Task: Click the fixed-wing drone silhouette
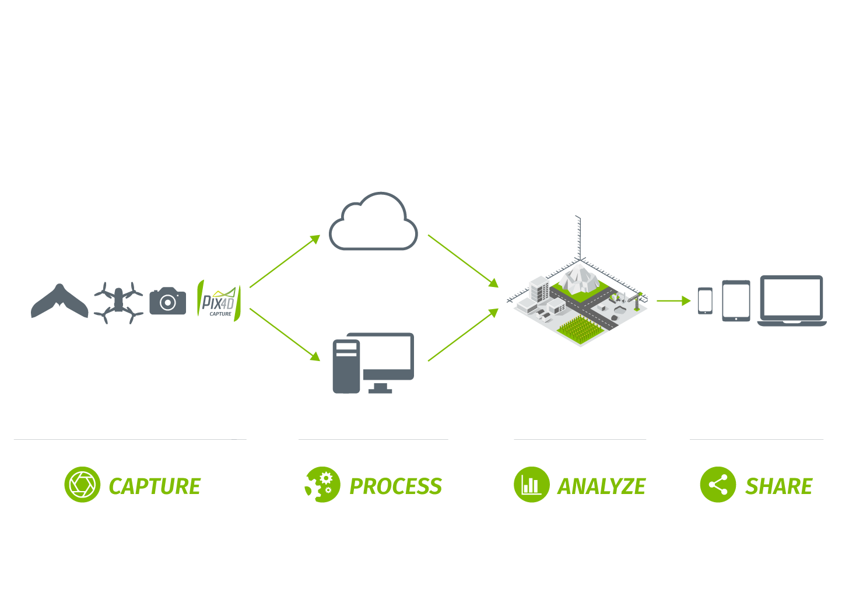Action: [x=59, y=302]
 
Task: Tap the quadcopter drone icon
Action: [x=118, y=302]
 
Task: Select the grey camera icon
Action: [x=168, y=301]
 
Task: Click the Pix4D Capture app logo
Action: [x=219, y=300]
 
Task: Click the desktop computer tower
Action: [x=346, y=366]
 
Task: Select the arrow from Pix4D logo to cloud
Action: [x=285, y=261]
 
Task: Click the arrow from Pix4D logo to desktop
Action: [x=285, y=334]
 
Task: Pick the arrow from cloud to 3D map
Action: [x=463, y=261]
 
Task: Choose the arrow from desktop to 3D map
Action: [x=463, y=335]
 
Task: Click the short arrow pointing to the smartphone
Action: [x=673, y=301]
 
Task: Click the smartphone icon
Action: [x=705, y=301]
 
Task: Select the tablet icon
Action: [x=736, y=301]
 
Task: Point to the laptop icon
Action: [x=791, y=300]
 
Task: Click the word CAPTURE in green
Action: [x=155, y=486]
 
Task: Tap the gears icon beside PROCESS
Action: [x=322, y=485]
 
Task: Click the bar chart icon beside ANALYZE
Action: [x=531, y=485]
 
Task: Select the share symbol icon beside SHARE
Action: [x=718, y=485]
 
